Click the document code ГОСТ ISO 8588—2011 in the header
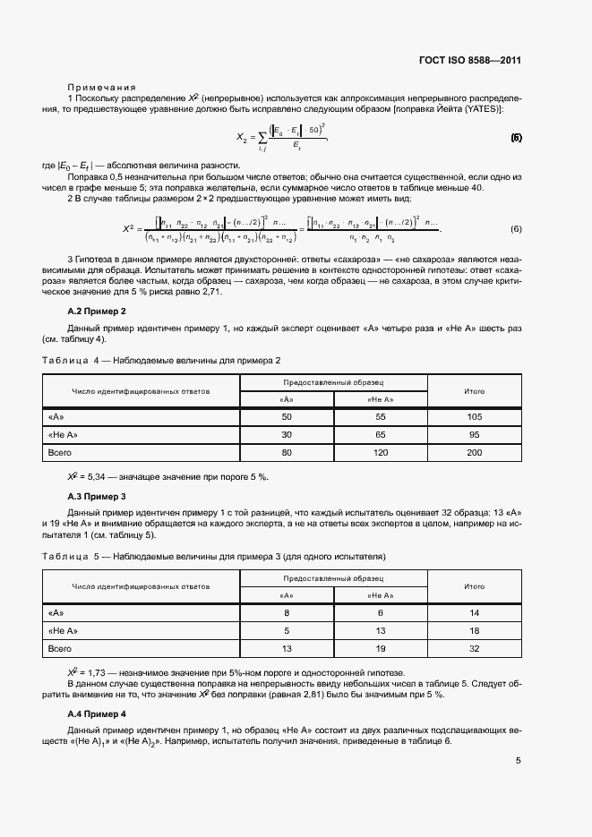(x=469, y=61)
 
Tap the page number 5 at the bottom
(x=518, y=762)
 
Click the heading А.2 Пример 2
(x=97, y=310)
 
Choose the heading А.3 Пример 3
(x=97, y=495)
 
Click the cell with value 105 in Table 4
(x=474, y=417)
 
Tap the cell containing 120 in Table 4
(x=380, y=453)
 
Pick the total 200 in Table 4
(x=474, y=453)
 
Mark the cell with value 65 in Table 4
(x=380, y=435)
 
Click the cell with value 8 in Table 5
(x=287, y=612)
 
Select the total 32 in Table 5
(x=474, y=648)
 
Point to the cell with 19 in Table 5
(x=380, y=648)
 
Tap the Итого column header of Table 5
(x=474, y=586)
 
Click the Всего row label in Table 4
(x=59, y=453)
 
